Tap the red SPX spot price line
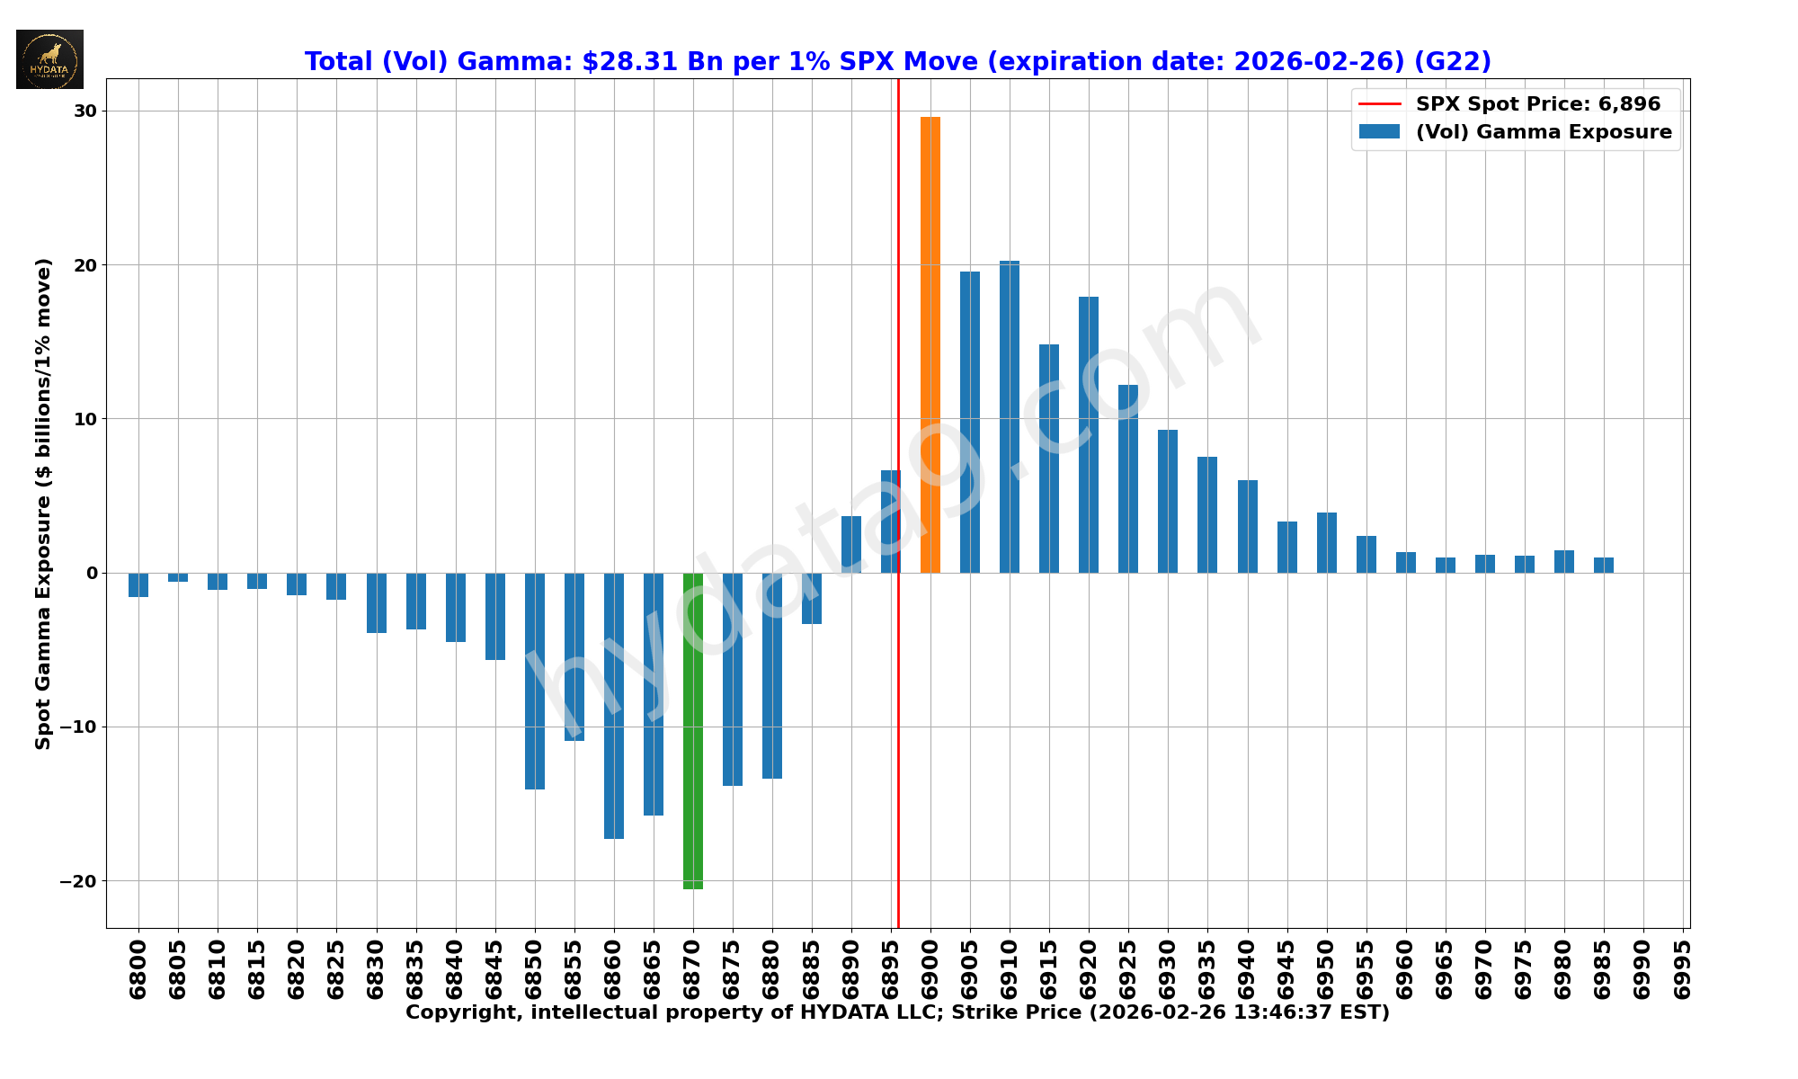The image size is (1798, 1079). coord(898,719)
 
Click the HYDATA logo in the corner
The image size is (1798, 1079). coord(49,59)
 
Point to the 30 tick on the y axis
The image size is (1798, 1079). coord(85,111)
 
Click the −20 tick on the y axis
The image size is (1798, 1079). coord(79,881)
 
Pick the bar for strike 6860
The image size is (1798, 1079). coord(614,706)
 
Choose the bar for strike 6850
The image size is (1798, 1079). coord(535,681)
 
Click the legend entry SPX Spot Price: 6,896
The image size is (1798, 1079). coord(1537,104)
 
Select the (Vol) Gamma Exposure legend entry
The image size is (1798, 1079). coord(1543,132)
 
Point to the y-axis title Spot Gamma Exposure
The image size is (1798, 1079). coord(43,504)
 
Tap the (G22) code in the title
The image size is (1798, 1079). coord(1452,62)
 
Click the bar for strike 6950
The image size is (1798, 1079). coord(1327,542)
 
